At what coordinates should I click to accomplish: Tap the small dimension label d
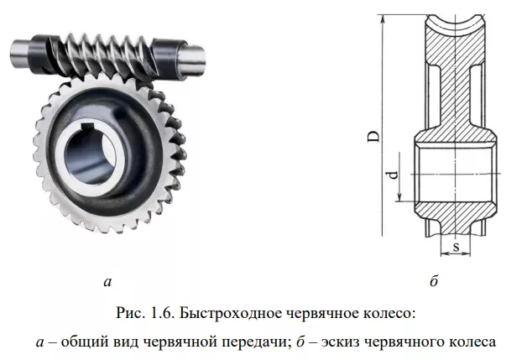coord(391,175)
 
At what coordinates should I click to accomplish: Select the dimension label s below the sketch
coord(453,247)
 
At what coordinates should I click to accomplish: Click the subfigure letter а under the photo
coord(106,283)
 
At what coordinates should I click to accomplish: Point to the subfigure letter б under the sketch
coord(433,283)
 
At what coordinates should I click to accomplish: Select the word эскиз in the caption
coord(348,341)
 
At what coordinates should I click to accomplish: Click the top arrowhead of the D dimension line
coord(383,18)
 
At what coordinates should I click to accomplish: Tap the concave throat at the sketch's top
coord(453,18)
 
